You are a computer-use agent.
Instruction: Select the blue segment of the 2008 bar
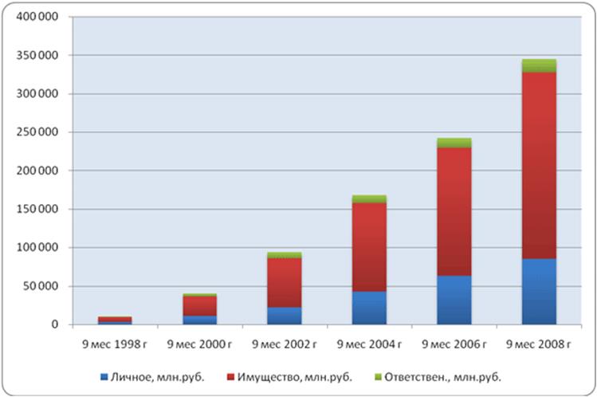[539, 291]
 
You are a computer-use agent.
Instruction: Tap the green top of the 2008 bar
[539, 65]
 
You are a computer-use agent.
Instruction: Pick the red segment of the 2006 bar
[454, 211]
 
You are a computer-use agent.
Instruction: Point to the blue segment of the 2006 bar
[454, 300]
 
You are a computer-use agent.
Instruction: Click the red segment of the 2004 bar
[369, 247]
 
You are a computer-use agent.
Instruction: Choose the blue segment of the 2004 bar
[369, 308]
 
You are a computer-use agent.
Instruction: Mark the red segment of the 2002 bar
[285, 282]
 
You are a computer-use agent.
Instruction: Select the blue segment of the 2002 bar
[285, 316]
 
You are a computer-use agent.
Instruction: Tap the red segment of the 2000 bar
[200, 306]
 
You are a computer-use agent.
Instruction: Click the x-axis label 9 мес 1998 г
[115, 344]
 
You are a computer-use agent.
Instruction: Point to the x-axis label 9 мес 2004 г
[369, 344]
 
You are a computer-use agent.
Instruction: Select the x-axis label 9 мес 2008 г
[539, 344]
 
